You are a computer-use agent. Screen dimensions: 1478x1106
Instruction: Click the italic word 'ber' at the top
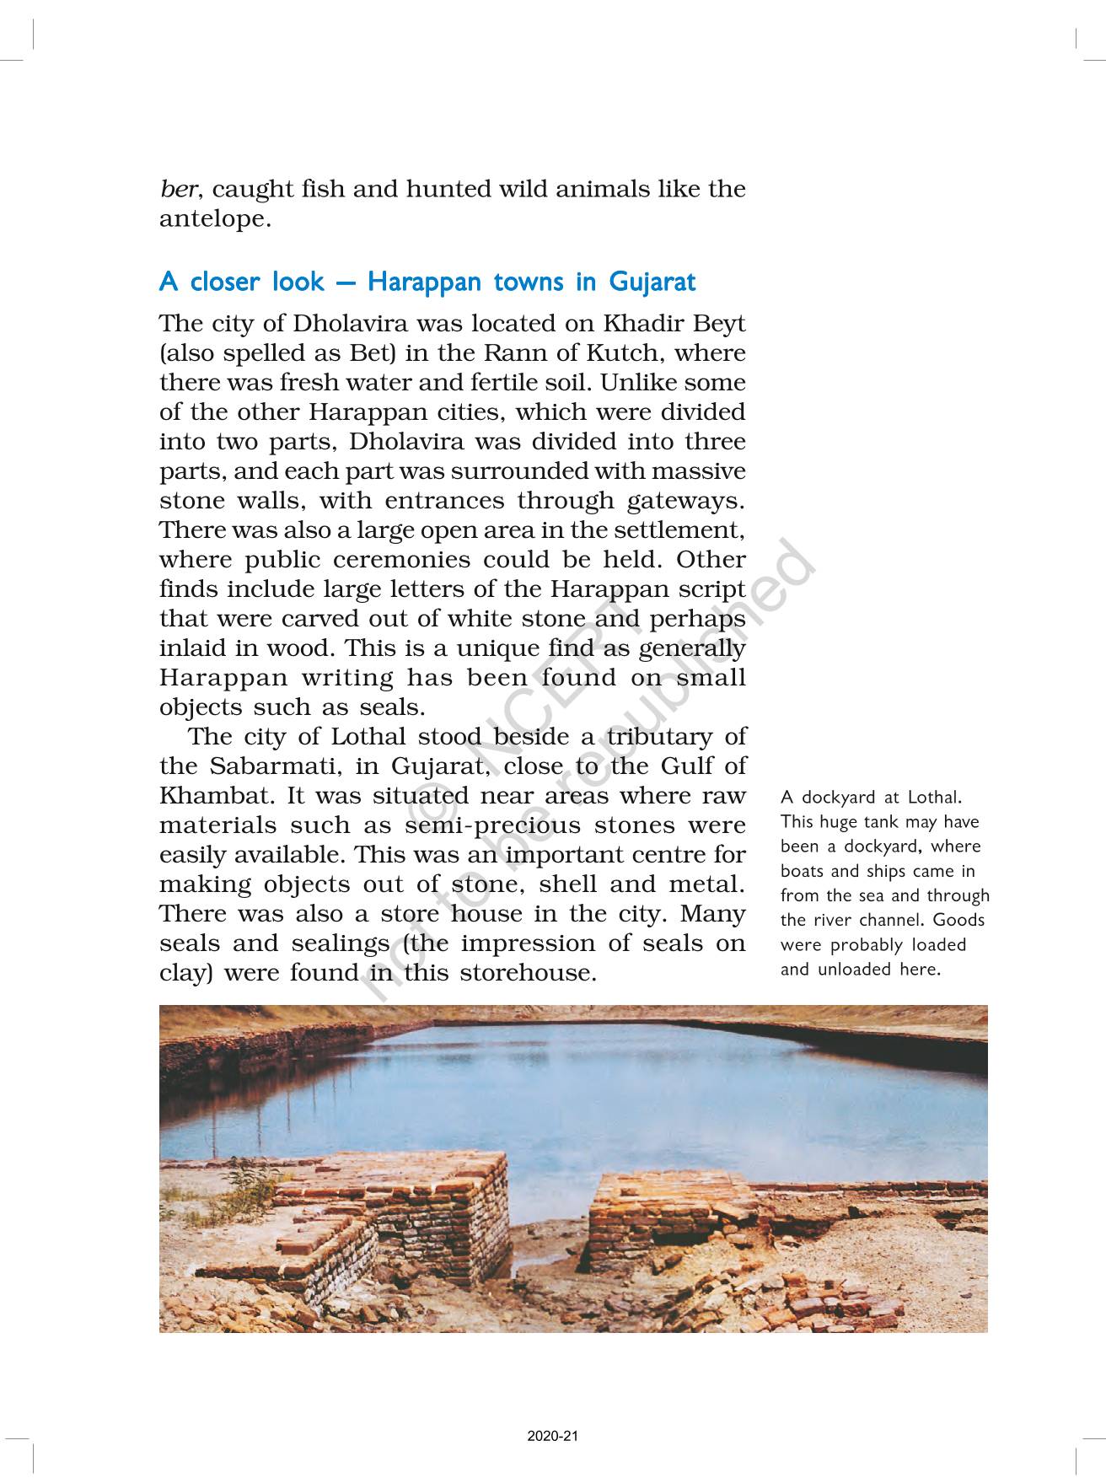[178, 189]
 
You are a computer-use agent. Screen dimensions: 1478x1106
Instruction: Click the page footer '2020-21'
[553, 1436]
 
